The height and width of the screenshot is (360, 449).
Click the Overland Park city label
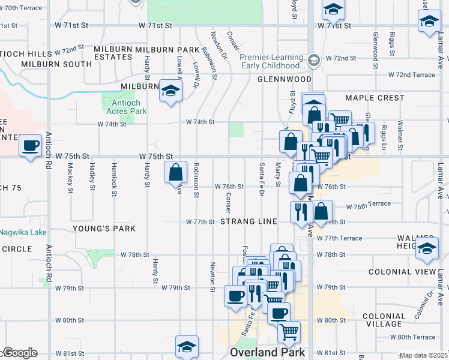click(267, 353)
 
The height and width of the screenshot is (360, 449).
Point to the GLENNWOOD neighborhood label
click(285, 79)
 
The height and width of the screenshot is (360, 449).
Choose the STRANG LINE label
click(249, 222)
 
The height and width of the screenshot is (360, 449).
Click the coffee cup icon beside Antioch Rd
click(30, 146)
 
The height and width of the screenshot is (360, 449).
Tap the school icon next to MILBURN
click(171, 91)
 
